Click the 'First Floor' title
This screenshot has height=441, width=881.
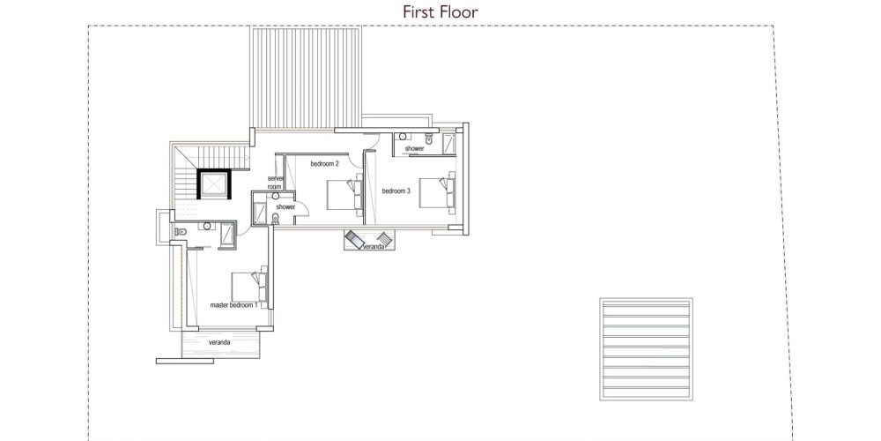coord(440,11)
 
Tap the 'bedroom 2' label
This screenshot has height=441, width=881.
coord(325,164)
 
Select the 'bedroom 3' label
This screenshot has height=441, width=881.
coord(396,191)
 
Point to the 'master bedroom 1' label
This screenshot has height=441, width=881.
coord(233,305)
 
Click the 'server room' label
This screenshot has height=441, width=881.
coord(275,183)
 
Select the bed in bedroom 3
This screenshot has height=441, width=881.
coord(437,193)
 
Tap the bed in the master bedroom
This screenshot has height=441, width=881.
coord(249,287)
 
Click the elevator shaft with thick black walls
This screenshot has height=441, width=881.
coord(213,183)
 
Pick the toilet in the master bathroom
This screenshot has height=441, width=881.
coord(181,232)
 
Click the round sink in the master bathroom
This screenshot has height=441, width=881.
coord(207,226)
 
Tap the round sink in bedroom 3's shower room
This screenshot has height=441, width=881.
coord(403,136)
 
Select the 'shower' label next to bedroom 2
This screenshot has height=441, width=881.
coord(285,207)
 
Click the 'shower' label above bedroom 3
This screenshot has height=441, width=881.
coord(415,148)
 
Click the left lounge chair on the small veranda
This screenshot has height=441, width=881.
coord(356,238)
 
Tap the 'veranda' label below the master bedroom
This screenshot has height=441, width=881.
coord(219,342)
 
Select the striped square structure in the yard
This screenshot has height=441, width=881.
coord(646,349)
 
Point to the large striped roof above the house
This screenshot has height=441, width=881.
coord(307,78)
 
